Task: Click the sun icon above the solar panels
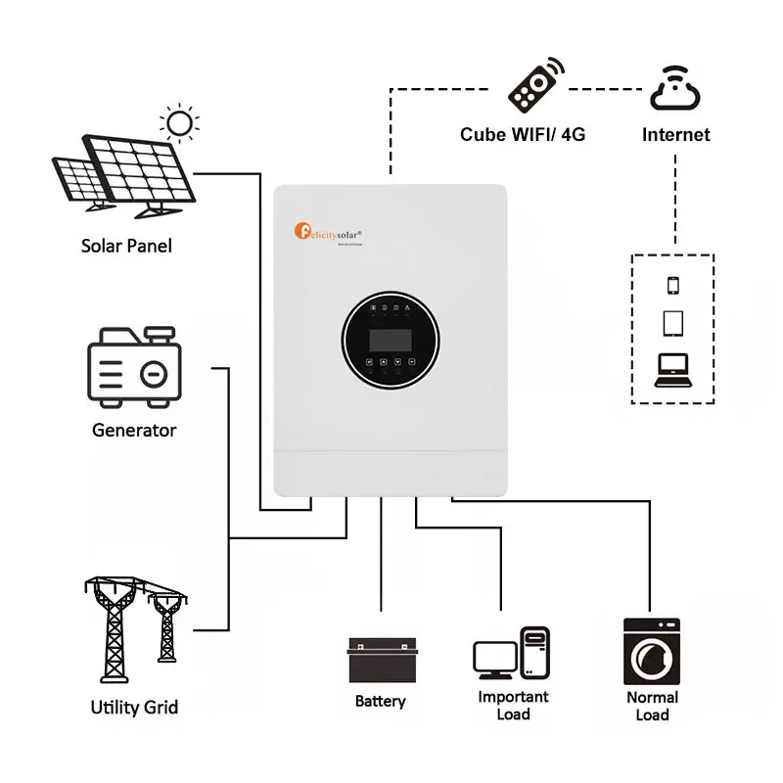coord(179,122)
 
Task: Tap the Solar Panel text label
coord(126,246)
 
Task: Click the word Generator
coord(134,430)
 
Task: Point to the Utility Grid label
coord(134,707)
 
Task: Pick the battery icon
coord(382,661)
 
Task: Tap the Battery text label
coord(380,702)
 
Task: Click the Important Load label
coord(513,706)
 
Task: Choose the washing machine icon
coord(652,651)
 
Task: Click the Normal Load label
coord(652,706)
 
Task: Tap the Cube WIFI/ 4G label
coord(523,134)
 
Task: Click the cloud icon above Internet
coord(675,88)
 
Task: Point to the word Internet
coord(675,134)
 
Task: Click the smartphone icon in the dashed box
coord(672,285)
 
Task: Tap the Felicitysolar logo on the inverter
coord(330,233)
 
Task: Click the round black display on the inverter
coord(391,340)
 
